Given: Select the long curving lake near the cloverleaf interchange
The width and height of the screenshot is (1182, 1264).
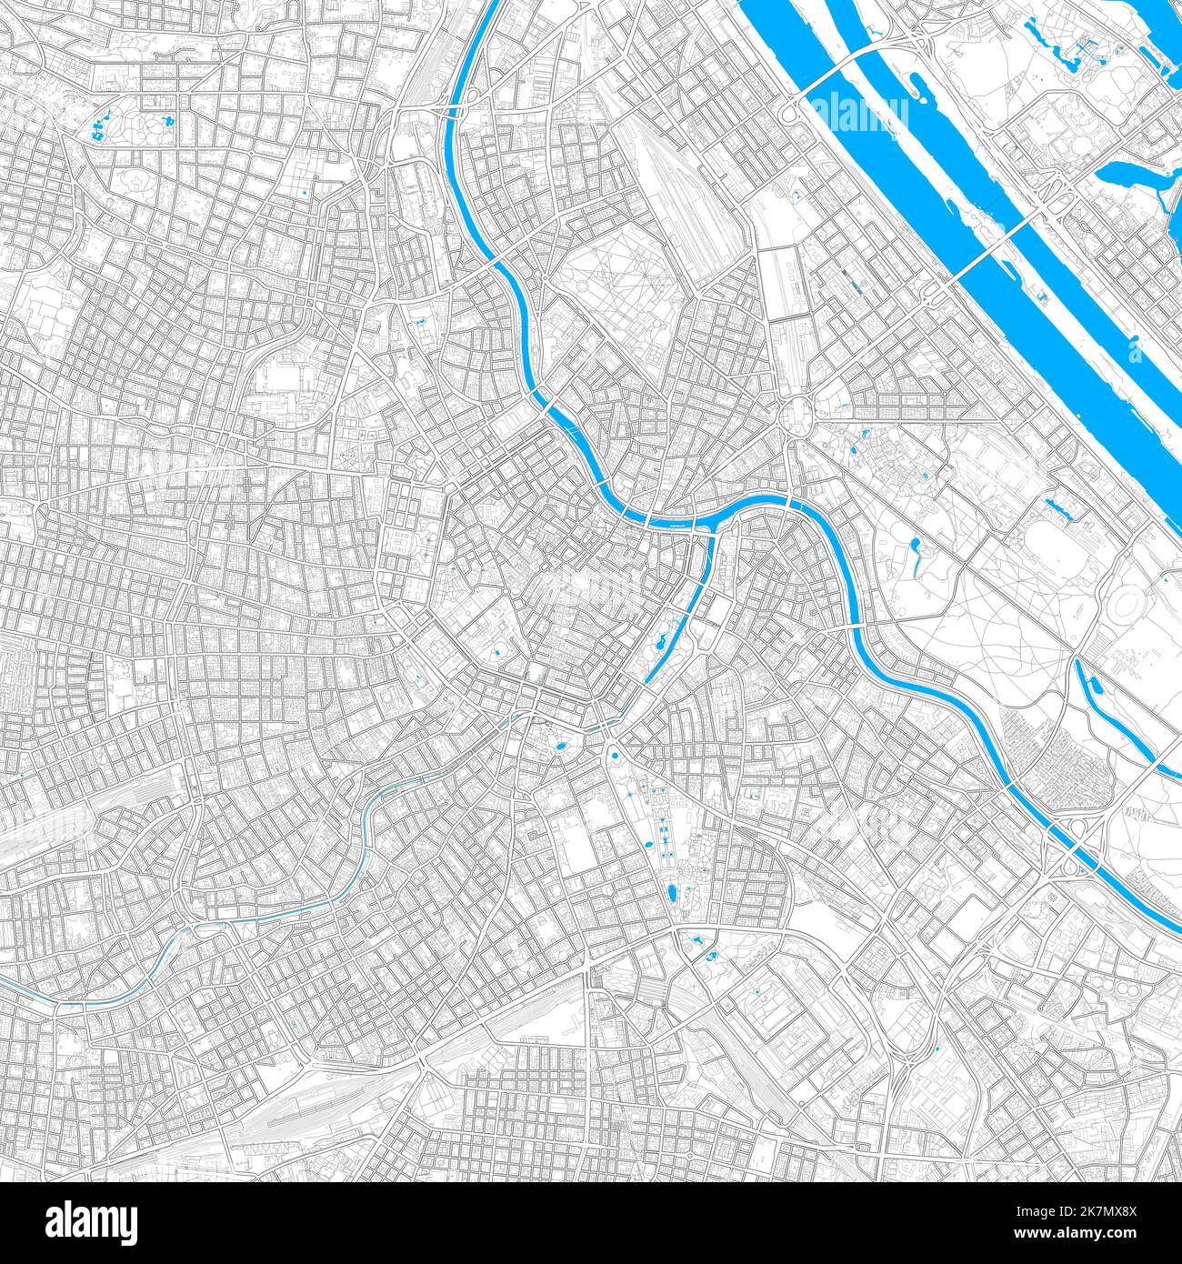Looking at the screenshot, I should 1123,718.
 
